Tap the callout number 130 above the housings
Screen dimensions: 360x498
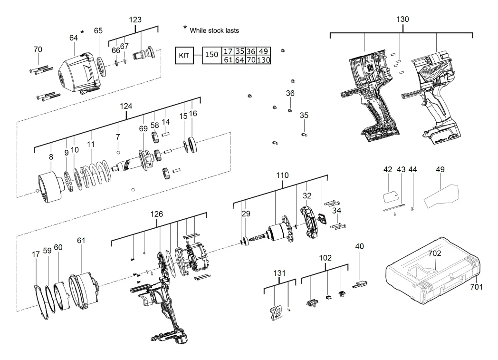(402, 19)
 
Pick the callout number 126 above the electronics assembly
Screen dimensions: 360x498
(157, 214)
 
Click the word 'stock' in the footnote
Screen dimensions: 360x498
(217, 30)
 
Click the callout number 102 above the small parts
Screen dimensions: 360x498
(326, 258)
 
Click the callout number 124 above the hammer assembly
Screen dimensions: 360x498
(125, 106)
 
